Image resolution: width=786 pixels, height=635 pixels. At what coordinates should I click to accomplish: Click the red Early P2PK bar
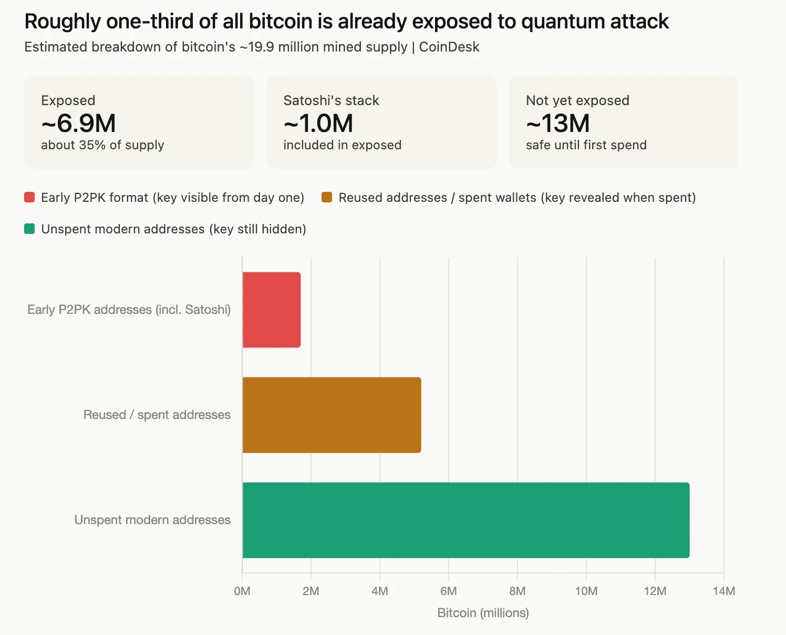(272, 310)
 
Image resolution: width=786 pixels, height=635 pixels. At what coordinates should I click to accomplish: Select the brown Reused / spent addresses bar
(332, 415)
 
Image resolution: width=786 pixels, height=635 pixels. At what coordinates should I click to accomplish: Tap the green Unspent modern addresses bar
(466, 520)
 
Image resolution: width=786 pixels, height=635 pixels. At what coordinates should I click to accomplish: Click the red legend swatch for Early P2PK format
(29, 198)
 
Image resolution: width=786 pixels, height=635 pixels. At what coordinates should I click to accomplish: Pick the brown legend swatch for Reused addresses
(327, 198)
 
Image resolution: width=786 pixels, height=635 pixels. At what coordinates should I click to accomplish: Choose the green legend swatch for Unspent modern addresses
(29, 229)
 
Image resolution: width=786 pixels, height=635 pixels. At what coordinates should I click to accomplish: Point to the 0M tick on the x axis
(242, 591)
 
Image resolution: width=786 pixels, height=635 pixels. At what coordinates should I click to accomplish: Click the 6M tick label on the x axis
(448, 591)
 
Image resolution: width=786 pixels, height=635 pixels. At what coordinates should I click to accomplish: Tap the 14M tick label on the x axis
(723, 591)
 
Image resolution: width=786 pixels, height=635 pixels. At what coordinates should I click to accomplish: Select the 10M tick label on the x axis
(586, 591)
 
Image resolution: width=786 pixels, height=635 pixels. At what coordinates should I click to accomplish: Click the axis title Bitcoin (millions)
(483, 613)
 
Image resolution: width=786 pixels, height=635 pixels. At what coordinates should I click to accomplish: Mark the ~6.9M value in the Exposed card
(78, 124)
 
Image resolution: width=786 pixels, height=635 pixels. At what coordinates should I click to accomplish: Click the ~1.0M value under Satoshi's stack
(318, 124)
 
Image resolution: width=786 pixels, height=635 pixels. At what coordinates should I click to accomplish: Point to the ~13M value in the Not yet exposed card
(558, 124)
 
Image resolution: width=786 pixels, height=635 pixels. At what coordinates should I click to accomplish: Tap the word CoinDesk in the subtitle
(449, 47)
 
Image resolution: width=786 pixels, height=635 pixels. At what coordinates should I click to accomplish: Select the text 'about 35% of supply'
(102, 145)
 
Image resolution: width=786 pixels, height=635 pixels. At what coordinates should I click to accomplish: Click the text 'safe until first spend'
(586, 145)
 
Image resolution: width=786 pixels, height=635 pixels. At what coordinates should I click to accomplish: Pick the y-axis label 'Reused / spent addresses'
(157, 415)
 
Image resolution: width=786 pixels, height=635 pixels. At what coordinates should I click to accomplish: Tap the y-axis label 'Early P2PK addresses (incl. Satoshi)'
(129, 310)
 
